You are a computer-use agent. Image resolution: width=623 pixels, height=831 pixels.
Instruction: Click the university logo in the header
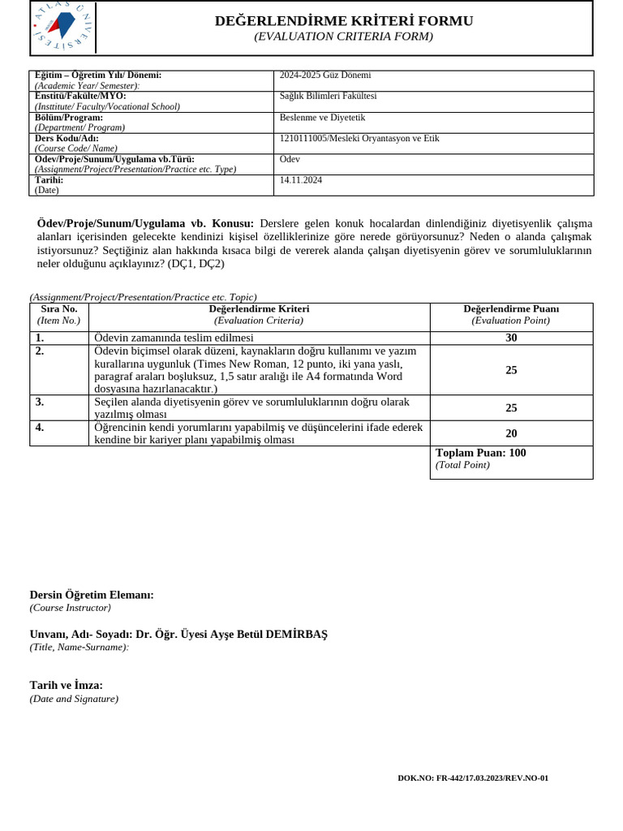pos(62,27)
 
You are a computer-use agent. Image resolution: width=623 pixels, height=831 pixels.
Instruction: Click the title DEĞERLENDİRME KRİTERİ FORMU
pos(344,21)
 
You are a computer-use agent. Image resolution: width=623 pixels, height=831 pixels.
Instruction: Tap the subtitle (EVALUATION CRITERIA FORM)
pos(343,37)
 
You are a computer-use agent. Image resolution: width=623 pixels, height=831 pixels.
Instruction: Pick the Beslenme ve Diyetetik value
pos(322,118)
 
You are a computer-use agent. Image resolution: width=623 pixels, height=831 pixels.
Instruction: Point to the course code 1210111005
pos(303,139)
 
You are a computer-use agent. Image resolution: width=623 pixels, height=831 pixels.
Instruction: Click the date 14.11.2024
pos(301,180)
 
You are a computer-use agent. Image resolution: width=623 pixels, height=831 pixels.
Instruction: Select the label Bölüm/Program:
pos(69,118)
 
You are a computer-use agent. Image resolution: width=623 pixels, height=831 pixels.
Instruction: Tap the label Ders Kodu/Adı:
pos(67,139)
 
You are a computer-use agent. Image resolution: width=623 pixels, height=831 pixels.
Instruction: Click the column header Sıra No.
pos(59,309)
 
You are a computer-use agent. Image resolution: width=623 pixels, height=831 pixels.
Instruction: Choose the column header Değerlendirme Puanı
pos(511,309)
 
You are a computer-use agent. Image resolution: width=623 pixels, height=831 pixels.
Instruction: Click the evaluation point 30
pos(511,338)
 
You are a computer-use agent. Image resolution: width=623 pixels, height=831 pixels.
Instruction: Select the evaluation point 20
pos(511,433)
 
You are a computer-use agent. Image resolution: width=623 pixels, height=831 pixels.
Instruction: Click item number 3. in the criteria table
pos(40,402)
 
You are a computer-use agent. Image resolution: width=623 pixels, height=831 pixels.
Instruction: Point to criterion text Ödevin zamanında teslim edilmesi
pos(174,338)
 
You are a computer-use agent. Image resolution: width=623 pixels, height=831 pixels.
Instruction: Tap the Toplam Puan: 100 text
pos(480,453)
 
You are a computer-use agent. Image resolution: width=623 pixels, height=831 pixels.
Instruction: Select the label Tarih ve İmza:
pos(67,685)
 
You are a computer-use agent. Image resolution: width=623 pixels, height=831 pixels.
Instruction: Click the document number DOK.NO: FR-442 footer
pos(473,778)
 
